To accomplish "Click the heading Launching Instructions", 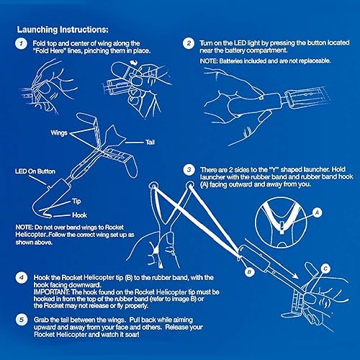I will tap(63, 29).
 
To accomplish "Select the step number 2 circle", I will tap(188, 44).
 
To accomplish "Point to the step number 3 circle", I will tap(188, 170).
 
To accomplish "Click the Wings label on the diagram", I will tap(60, 133).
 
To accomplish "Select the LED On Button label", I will tap(36, 171).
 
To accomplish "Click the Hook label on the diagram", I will tap(80, 215).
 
